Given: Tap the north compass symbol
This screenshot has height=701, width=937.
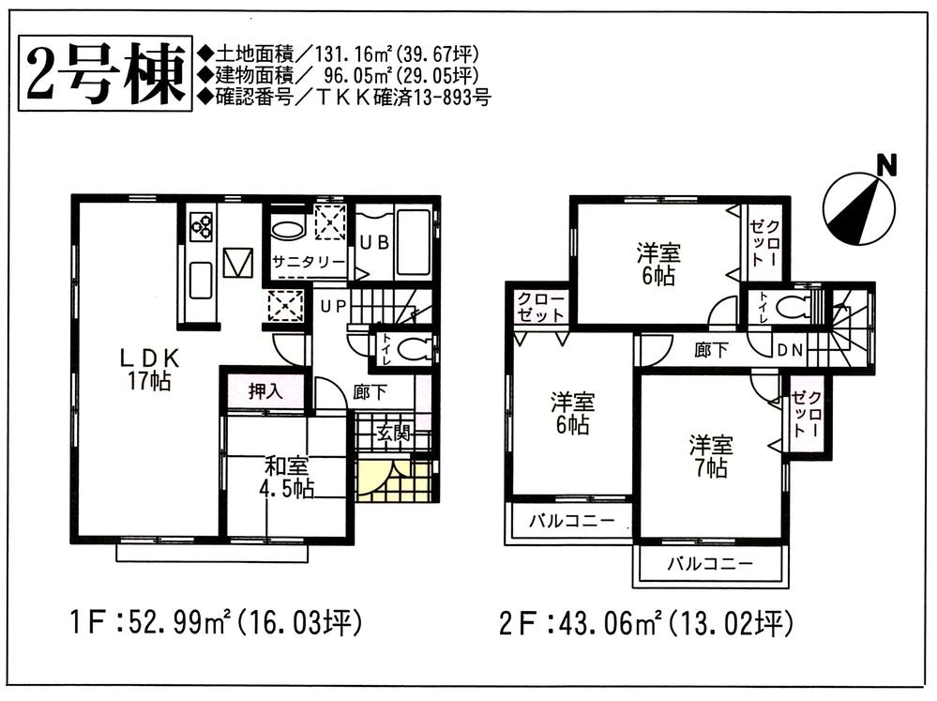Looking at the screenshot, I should point(858,208).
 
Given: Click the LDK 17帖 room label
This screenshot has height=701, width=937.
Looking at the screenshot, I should point(148,368).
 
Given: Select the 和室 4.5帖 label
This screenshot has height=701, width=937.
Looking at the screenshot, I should point(287,478).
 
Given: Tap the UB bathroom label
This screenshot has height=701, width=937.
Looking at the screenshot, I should point(374,241).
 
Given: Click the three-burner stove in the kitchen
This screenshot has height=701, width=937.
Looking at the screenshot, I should point(203,226).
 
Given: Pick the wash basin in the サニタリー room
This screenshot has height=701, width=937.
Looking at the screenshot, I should point(288,227).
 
